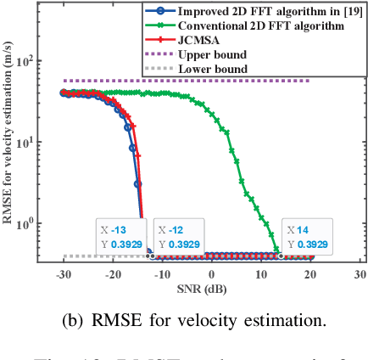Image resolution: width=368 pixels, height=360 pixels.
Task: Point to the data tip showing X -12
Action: [x=178, y=236]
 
